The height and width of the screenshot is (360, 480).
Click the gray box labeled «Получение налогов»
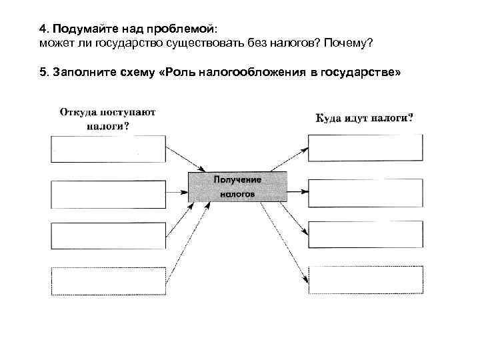pyautogui.click(x=237, y=187)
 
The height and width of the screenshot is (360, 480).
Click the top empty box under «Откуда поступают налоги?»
pyautogui.click(x=108, y=149)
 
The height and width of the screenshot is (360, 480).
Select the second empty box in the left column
pyautogui.click(x=108, y=193)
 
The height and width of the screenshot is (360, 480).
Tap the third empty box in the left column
pyautogui.click(x=108, y=236)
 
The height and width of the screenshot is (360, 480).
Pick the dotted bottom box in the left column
pyautogui.click(x=108, y=280)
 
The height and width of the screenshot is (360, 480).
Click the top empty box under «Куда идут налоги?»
pyautogui.click(x=365, y=147)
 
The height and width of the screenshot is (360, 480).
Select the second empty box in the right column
pyautogui.click(x=365, y=193)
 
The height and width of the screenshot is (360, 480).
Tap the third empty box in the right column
pyautogui.click(x=365, y=235)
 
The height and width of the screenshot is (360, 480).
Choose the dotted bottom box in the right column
pyautogui.click(x=365, y=279)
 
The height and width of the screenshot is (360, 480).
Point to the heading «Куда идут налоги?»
pyautogui.click(x=364, y=118)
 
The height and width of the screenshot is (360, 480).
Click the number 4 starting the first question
pyautogui.click(x=42, y=29)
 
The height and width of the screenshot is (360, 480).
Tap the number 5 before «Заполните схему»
pyautogui.click(x=42, y=71)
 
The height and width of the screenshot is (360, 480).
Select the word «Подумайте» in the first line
pyautogui.click(x=80, y=29)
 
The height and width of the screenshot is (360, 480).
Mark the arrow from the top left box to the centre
pyautogui.click(x=185, y=159)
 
